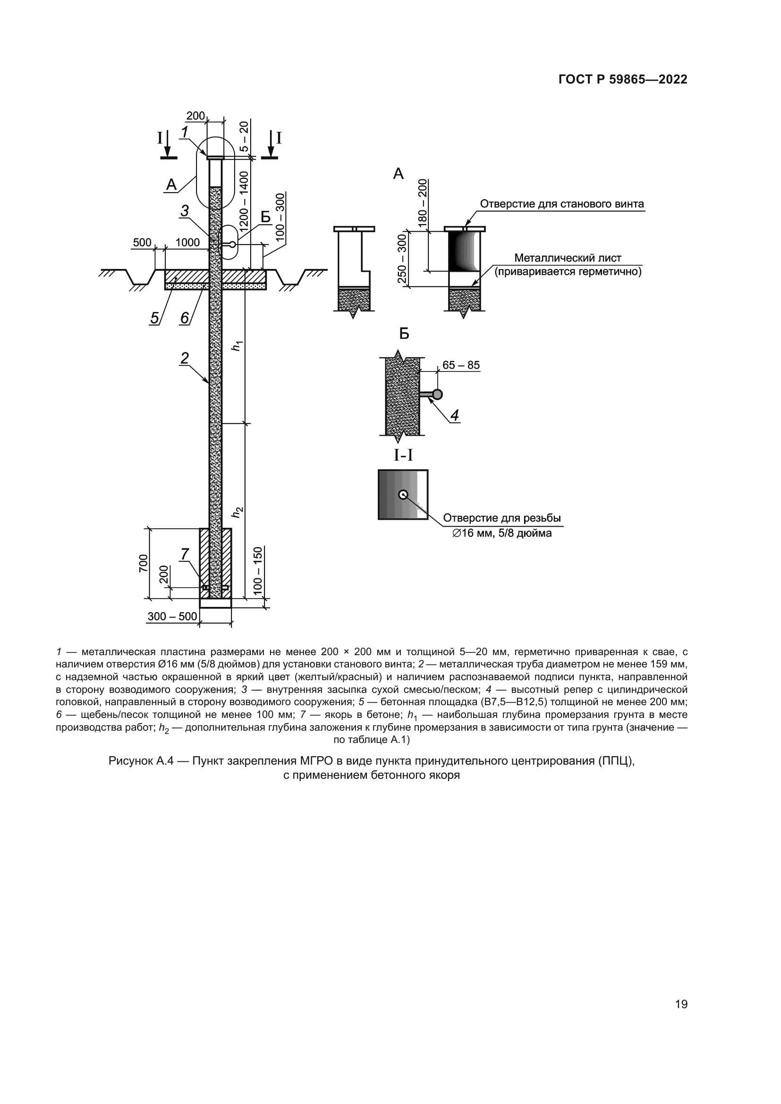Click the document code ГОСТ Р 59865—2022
(623, 79)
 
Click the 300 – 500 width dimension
(172, 616)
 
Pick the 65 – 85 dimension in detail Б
(461, 365)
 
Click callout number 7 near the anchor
(185, 555)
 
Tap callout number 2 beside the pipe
(185, 358)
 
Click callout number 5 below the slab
(154, 318)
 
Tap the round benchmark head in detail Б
(437, 395)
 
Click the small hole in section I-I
(403, 494)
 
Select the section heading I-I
(403, 455)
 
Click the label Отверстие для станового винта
(562, 204)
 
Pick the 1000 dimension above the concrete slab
(187, 242)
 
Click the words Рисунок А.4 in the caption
(137, 761)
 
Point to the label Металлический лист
(568, 258)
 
